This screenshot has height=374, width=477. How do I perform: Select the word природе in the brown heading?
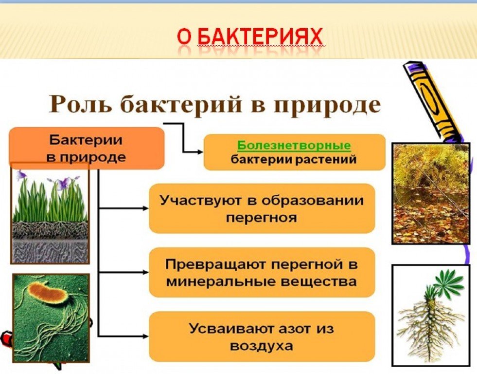click(327, 105)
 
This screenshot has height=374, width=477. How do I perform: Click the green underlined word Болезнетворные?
click(294, 145)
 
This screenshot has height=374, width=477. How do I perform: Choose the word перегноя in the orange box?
click(261, 218)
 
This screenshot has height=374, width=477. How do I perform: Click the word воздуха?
click(261, 346)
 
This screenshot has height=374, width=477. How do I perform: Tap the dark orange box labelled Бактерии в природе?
click(87, 148)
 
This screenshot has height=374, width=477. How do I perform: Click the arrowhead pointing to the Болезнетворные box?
click(200, 151)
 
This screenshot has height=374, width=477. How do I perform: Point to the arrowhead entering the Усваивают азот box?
click(146, 336)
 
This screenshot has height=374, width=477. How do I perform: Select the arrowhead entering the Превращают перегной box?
click(146, 272)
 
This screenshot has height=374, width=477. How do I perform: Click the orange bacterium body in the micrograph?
click(47, 293)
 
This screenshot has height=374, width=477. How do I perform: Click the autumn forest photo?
click(431, 193)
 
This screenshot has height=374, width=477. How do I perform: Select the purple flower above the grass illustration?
click(64, 183)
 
